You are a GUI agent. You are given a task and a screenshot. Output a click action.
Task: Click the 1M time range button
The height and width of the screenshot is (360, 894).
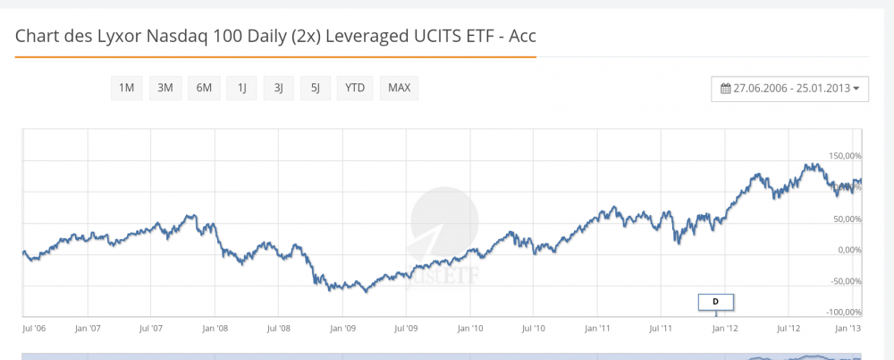[126, 88]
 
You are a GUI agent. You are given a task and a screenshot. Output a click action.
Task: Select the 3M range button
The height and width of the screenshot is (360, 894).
[164, 88]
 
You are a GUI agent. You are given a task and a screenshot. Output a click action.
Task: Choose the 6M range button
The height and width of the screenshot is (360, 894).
[204, 88]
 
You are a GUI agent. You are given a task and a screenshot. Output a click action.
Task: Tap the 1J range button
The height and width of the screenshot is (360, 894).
[241, 88]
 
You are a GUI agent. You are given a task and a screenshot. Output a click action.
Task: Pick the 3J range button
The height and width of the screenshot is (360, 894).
[278, 88]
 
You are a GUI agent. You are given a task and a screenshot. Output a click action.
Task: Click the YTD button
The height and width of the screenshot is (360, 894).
[355, 88]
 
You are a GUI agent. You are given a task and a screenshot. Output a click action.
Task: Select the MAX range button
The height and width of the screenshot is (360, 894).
[399, 88]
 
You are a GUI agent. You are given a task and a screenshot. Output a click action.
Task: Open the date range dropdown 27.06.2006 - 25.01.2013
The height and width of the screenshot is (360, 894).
[789, 89]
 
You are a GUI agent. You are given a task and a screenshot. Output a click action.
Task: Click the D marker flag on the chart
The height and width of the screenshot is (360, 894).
[715, 302]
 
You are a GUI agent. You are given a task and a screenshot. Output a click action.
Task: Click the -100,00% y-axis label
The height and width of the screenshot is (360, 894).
[843, 313]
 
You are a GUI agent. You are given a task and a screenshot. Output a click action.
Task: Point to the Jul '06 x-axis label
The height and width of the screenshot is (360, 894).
[33, 329]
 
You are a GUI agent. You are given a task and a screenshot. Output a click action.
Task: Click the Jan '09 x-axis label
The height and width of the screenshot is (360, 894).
[342, 329]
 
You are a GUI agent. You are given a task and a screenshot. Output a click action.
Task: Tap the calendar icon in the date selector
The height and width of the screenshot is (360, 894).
[726, 89]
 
